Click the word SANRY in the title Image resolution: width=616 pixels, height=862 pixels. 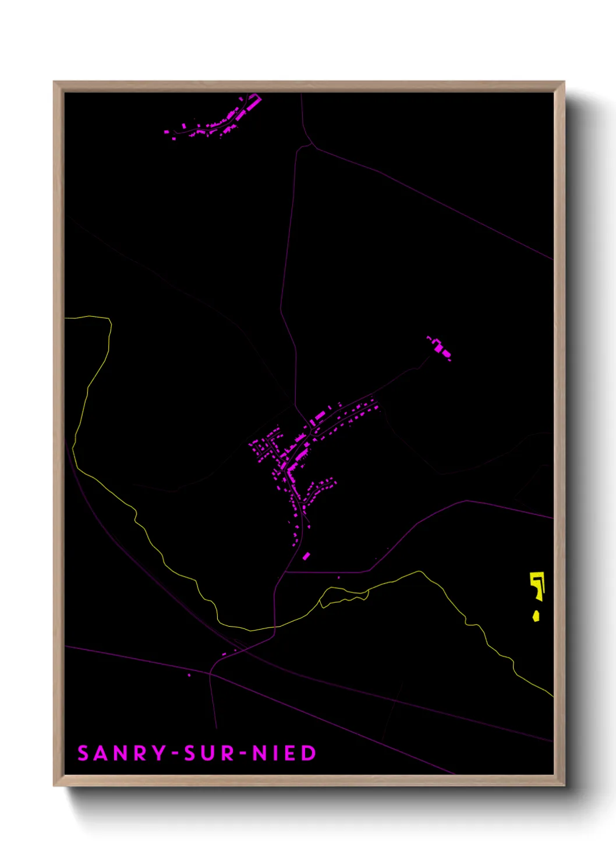[122, 753]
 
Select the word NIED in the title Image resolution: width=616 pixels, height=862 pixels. [284, 753]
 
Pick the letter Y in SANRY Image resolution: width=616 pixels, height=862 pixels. [159, 753]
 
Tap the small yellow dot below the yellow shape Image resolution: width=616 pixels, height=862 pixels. [536, 616]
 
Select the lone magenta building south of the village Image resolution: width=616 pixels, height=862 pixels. [306, 556]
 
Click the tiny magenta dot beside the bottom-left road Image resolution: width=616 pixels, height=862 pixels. [189, 675]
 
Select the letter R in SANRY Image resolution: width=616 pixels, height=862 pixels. [140, 753]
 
